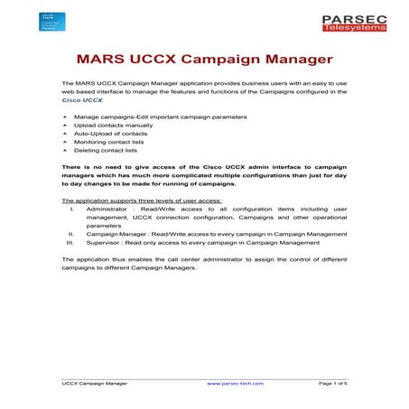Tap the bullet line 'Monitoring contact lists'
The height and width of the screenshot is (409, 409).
click(x=110, y=142)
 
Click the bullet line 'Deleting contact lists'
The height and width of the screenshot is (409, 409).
click(x=106, y=150)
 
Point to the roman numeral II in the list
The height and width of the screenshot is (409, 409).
click(x=71, y=234)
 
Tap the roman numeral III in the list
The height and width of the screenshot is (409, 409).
click(x=70, y=242)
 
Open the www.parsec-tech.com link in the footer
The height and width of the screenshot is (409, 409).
click(x=235, y=383)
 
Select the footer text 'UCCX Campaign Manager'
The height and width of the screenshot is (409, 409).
click(x=94, y=383)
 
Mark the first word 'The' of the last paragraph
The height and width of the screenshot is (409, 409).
click(x=68, y=259)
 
